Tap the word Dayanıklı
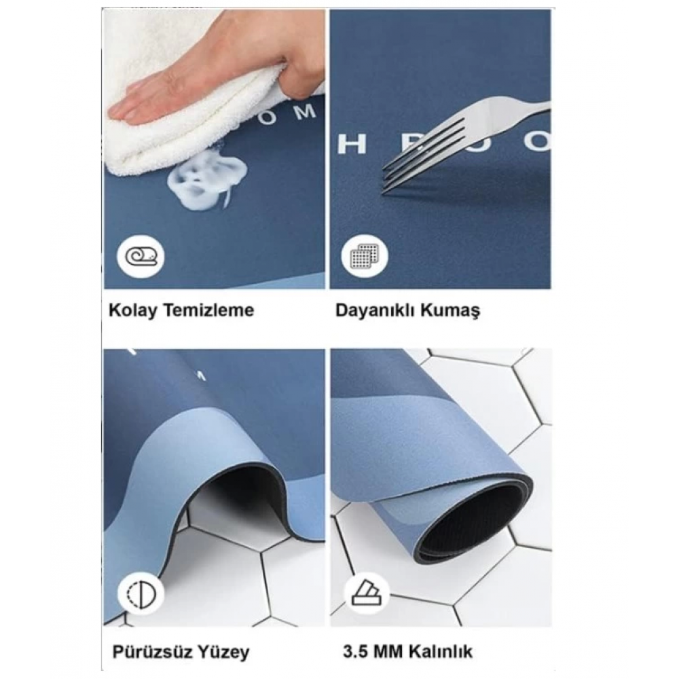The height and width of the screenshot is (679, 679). tap(378, 310)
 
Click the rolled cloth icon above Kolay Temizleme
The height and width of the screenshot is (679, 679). tap(141, 257)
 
